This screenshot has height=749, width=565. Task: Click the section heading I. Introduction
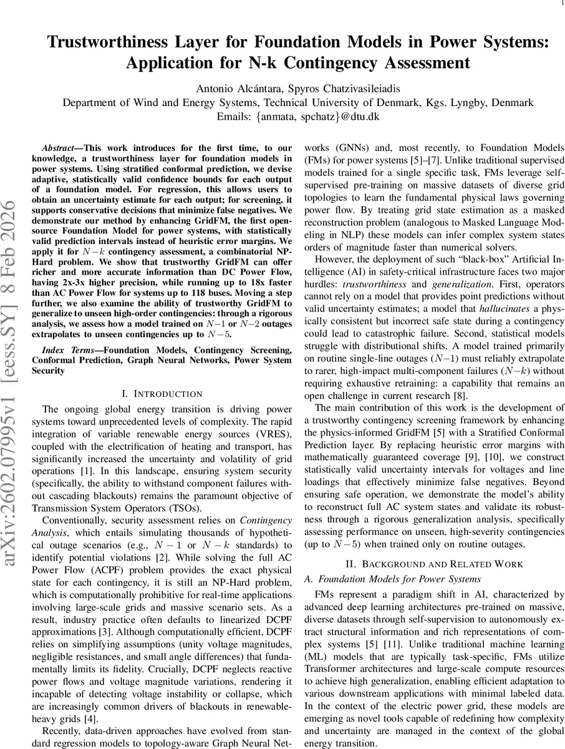[165, 394]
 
